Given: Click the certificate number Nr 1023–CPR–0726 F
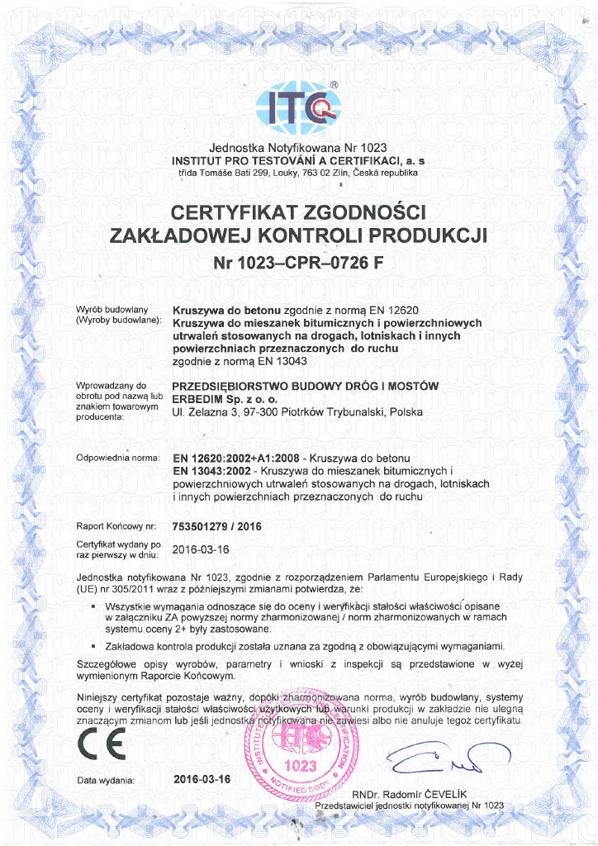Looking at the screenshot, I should point(299,264).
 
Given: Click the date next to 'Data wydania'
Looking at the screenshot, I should point(203,779).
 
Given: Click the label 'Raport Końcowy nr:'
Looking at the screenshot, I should point(116,525).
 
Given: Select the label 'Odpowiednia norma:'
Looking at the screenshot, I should point(116,458).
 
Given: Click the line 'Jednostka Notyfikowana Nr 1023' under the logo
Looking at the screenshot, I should point(298,147).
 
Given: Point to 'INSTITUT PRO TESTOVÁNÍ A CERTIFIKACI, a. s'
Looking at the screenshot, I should point(298,159).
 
